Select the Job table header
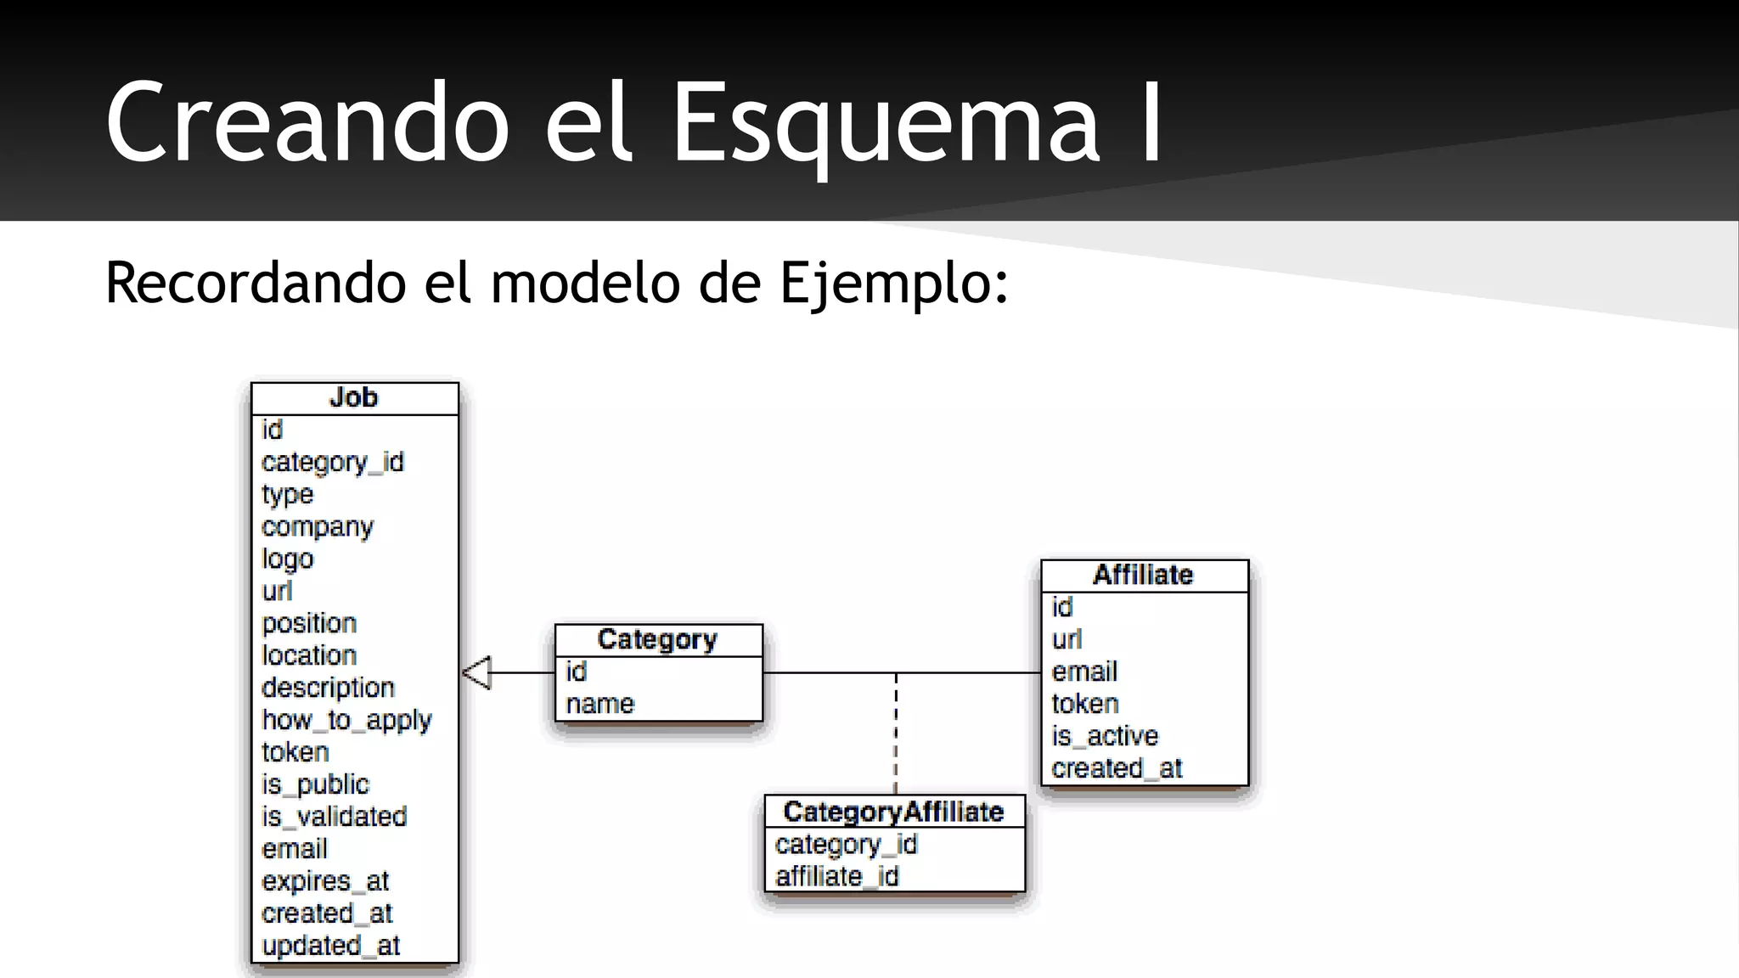(354, 398)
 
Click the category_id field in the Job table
(333, 463)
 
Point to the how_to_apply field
(346, 721)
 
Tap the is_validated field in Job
(335, 817)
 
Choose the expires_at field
(325, 881)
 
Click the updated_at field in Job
(331, 946)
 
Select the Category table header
(657, 639)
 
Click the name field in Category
(600, 705)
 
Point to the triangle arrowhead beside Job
(477, 673)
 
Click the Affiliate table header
(1143, 575)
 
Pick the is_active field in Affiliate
(1105, 736)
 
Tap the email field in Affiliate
(1084, 672)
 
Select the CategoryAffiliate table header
(893, 812)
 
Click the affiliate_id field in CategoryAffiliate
(836, 876)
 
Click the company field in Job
(318, 527)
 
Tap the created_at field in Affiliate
(1117, 768)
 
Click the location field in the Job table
(309, 655)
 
